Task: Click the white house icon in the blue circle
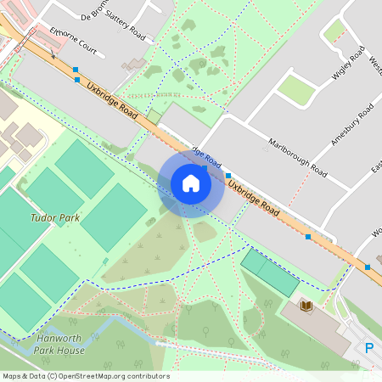coord(191,183)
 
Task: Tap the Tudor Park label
coord(56,218)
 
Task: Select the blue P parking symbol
coord(369,348)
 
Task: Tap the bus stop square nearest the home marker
coord(228,176)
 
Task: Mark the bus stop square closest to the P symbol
coord(368,267)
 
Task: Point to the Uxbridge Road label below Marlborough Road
coord(255,196)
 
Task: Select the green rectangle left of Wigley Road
coord(297,89)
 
